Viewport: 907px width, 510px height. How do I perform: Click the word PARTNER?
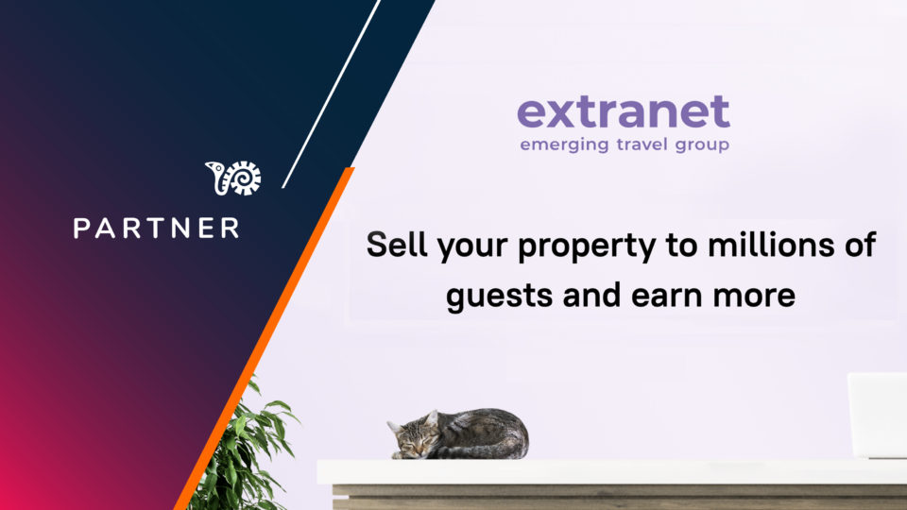click(x=156, y=228)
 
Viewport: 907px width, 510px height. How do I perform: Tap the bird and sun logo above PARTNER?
click(x=233, y=178)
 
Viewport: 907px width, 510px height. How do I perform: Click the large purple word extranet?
click(x=624, y=111)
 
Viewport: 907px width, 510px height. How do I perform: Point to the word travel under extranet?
click(x=642, y=144)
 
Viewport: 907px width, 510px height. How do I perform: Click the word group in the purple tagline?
click(x=702, y=145)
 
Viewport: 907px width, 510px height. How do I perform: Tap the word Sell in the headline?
click(x=397, y=244)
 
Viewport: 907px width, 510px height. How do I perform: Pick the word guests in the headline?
click(x=499, y=297)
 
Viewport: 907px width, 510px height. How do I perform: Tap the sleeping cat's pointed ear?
click(x=431, y=418)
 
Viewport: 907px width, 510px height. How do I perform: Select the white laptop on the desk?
click(x=878, y=416)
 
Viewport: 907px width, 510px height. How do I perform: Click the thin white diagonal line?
click(x=331, y=93)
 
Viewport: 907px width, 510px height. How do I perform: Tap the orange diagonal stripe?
click(x=265, y=338)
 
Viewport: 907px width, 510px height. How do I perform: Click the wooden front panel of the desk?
click(x=620, y=498)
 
